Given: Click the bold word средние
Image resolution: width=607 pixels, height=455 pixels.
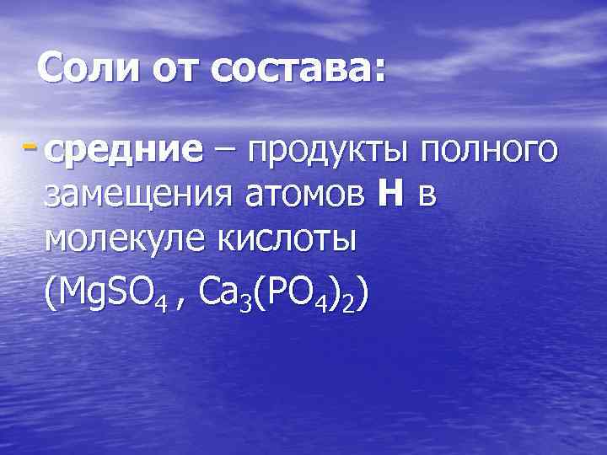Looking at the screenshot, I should (x=126, y=152).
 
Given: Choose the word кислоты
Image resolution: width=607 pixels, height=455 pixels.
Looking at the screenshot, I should (x=293, y=241).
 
